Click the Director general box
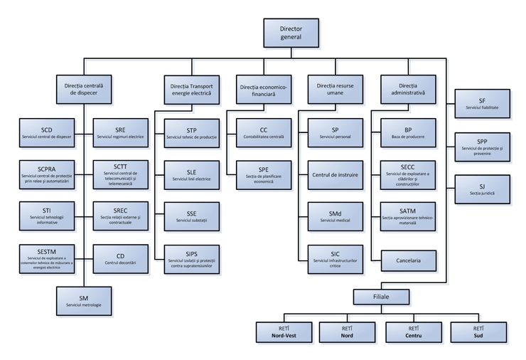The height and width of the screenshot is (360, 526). click(291, 33)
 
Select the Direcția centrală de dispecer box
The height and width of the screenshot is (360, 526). click(84, 89)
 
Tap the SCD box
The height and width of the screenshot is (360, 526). click(47, 132)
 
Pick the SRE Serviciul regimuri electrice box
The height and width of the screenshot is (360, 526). click(121, 132)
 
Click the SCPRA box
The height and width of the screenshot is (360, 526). click(47, 174)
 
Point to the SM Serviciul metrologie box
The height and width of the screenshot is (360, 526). click(84, 301)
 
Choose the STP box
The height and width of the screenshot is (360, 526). click(192, 133)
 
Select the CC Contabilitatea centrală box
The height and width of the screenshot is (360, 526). click(264, 132)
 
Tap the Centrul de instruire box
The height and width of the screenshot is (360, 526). click(335, 174)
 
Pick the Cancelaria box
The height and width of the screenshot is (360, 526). click(408, 260)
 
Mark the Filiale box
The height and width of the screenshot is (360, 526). click(380, 295)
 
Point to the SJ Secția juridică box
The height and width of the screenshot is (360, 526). click(482, 189)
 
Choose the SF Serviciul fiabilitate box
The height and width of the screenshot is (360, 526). click(482, 104)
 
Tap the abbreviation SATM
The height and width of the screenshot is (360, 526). click(408, 211)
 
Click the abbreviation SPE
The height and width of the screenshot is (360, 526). click(264, 170)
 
